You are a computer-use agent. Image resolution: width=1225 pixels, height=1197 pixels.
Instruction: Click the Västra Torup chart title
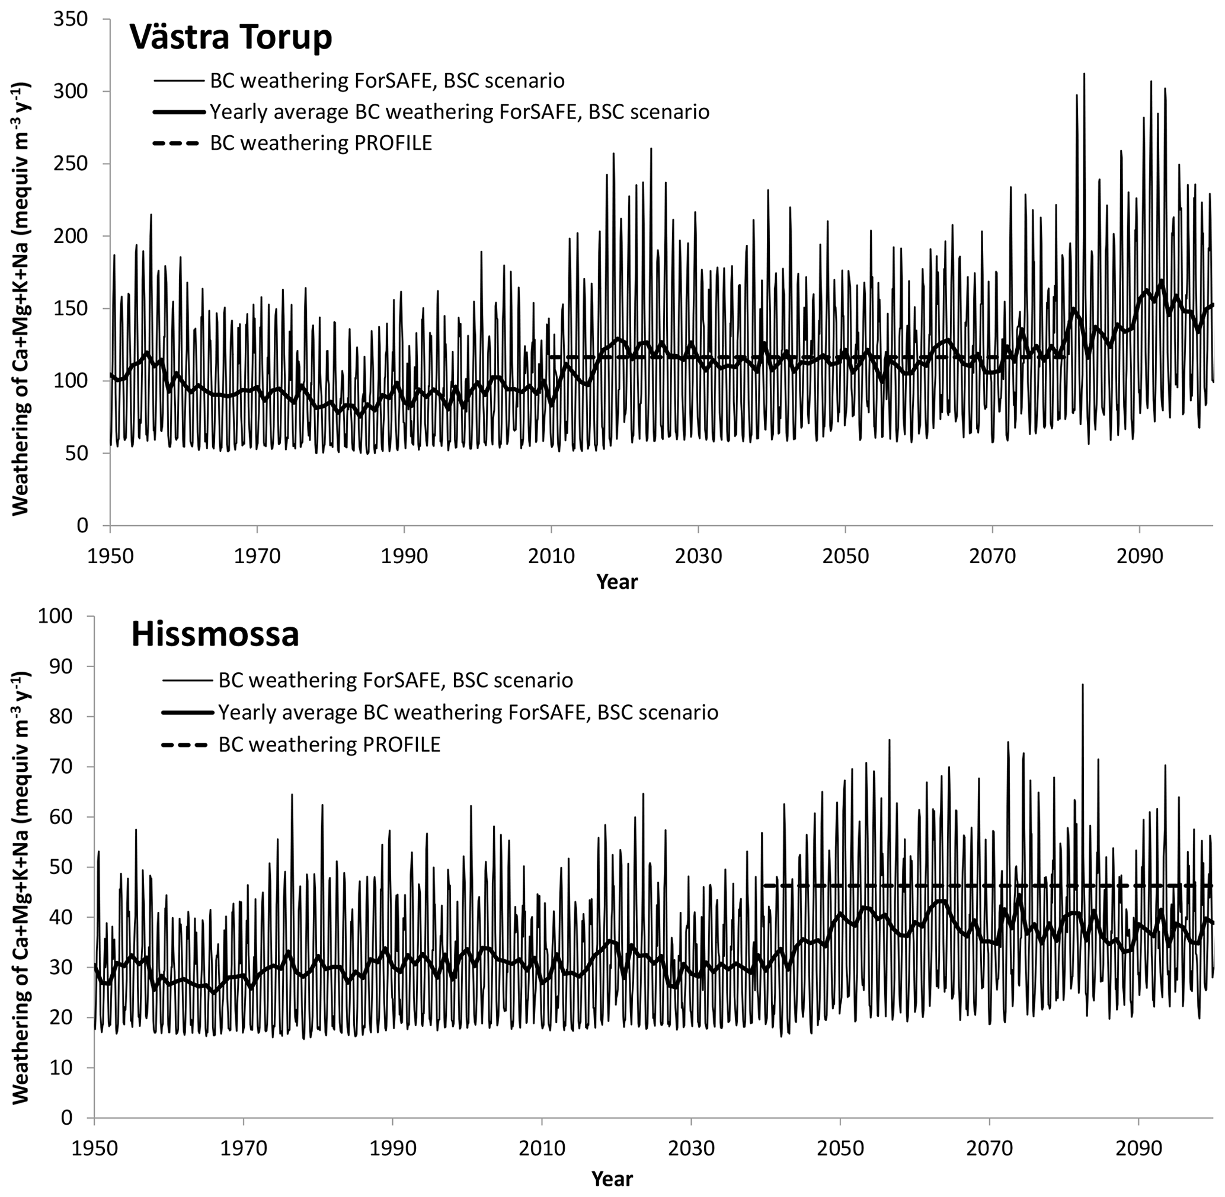click(x=231, y=38)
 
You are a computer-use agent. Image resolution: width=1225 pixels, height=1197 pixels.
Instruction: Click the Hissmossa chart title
click(x=215, y=634)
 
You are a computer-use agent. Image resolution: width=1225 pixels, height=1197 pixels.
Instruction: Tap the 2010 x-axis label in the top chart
click(x=551, y=556)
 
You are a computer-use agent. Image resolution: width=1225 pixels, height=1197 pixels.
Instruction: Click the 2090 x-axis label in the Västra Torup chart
click(x=1139, y=556)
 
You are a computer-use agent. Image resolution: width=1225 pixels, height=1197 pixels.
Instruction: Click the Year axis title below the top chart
click(x=616, y=582)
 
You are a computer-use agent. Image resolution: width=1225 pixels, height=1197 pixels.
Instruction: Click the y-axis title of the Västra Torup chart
click(x=21, y=270)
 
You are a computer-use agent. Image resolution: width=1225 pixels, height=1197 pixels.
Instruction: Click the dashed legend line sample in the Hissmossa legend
click(x=184, y=745)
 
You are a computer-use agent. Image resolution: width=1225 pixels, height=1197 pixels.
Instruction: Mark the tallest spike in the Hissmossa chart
click(x=1082, y=685)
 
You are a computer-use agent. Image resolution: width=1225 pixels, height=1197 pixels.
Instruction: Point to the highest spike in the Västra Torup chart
click(x=1083, y=74)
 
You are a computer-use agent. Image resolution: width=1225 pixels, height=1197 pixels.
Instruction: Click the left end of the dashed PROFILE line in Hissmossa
click(x=765, y=886)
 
